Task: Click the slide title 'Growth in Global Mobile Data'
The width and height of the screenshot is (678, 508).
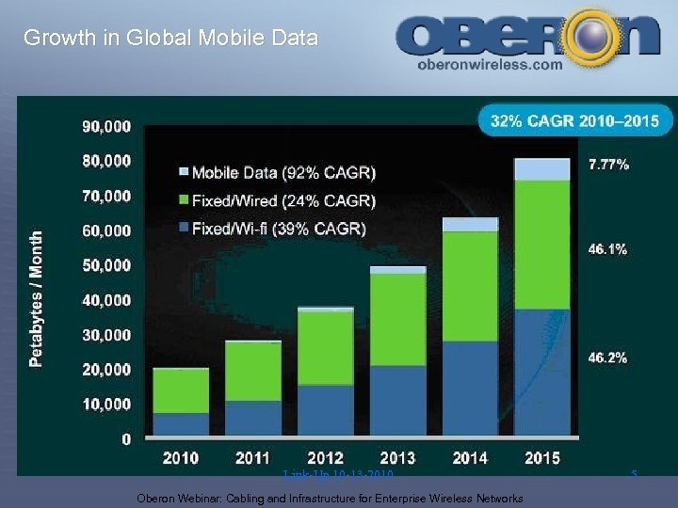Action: coord(170,39)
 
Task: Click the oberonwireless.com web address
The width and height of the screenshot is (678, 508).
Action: coord(489,66)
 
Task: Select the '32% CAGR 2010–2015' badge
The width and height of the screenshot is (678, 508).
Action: coord(575,120)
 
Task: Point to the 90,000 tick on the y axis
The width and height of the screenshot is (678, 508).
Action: coord(105,126)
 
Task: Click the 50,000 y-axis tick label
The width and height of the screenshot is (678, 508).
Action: coord(105,265)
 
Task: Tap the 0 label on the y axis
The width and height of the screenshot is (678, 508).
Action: coord(125,438)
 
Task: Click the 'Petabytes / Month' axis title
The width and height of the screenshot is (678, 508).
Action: coord(37,299)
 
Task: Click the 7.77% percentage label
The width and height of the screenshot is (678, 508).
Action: coord(608,165)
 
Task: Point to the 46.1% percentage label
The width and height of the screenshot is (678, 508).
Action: coord(608,249)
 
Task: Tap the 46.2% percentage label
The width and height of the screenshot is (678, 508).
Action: coord(608,357)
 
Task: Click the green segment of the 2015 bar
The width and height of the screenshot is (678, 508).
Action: coord(541,245)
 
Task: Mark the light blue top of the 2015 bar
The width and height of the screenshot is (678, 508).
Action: coord(541,169)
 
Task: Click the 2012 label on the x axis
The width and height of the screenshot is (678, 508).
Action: coord(326,458)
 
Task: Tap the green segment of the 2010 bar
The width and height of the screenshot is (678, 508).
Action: coord(180,390)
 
